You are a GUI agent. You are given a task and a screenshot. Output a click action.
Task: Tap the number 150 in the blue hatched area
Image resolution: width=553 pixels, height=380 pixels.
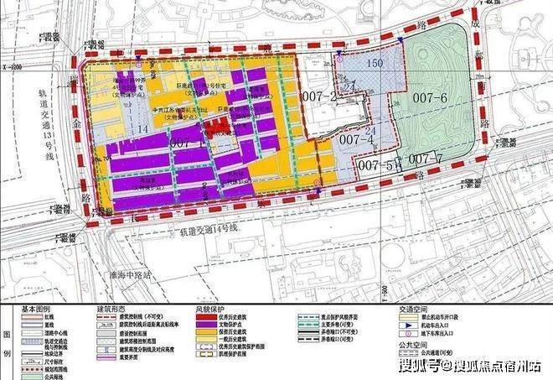[x=376, y=64]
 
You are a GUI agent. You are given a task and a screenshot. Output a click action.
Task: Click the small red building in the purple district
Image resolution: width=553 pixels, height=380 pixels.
[x=219, y=128]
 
